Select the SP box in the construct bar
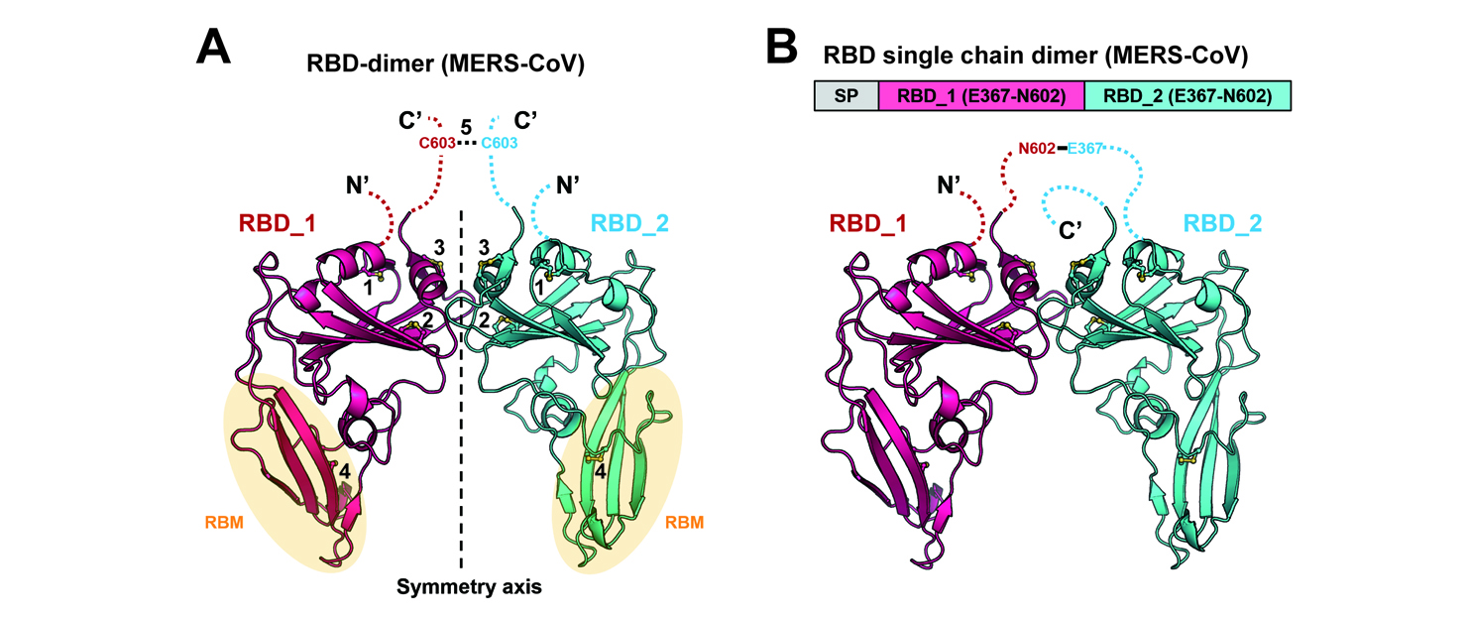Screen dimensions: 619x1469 click(x=847, y=96)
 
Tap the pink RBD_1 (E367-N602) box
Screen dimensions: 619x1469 click(x=981, y=96)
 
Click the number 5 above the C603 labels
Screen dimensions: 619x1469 click(x=466, y=126)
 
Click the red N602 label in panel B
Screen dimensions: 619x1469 click(x=1036, y=150)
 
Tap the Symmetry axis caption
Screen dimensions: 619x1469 click(x=460, y=586)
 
